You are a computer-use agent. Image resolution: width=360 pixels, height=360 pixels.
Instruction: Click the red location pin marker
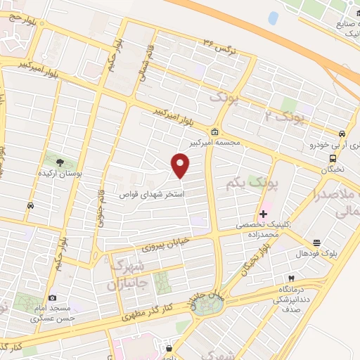181,166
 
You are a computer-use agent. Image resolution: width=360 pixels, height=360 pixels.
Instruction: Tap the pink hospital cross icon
263,213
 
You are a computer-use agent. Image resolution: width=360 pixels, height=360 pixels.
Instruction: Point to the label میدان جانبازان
199,294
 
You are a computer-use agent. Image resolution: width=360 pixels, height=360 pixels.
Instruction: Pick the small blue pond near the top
273,18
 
